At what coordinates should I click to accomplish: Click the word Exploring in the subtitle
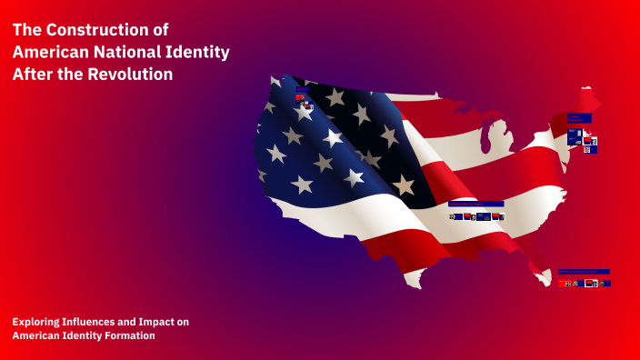click(36, 322)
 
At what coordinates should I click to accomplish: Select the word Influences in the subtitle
click(95, 322)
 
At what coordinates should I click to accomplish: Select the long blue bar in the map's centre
click(476, 204)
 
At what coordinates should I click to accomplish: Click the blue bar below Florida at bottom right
click(584, 271)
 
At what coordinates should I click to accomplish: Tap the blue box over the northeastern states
click(579, 118)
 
